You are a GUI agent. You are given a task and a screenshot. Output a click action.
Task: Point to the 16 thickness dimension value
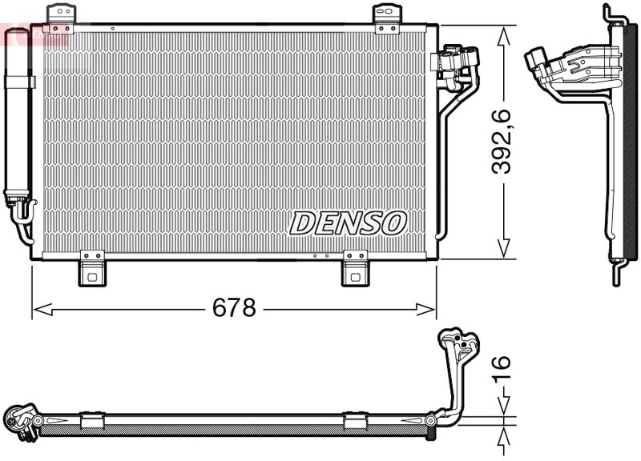coord(501,367)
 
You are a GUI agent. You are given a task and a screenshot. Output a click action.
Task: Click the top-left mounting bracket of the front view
coord(61,14)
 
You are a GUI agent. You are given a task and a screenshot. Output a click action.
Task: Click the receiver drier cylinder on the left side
coord(17,120)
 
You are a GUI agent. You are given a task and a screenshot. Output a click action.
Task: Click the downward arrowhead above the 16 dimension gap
coord(503,410)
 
